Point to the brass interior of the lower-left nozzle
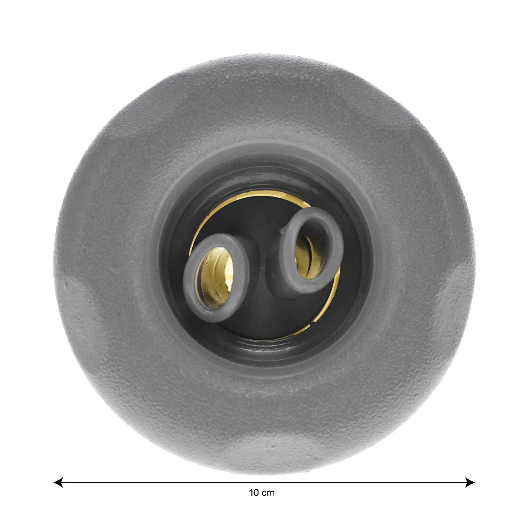[x=217, y=277]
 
